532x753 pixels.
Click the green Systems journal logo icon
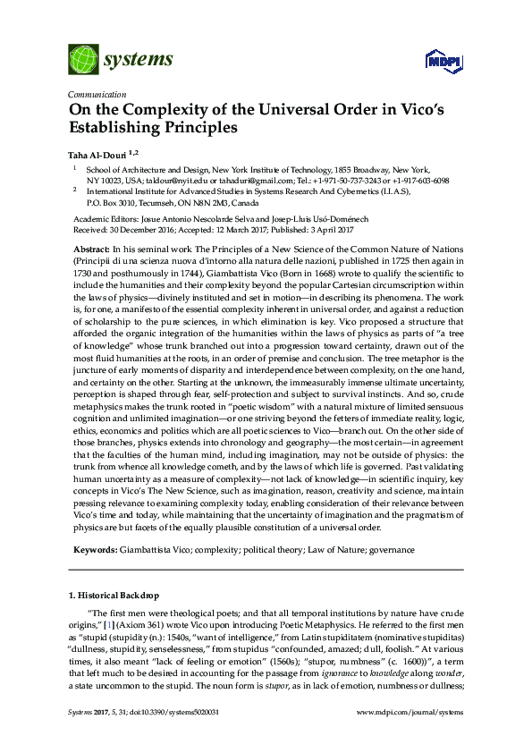pyautogui.click(x=83, y=60)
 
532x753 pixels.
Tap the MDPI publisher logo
pyautogui.click(x=435, y=61)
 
